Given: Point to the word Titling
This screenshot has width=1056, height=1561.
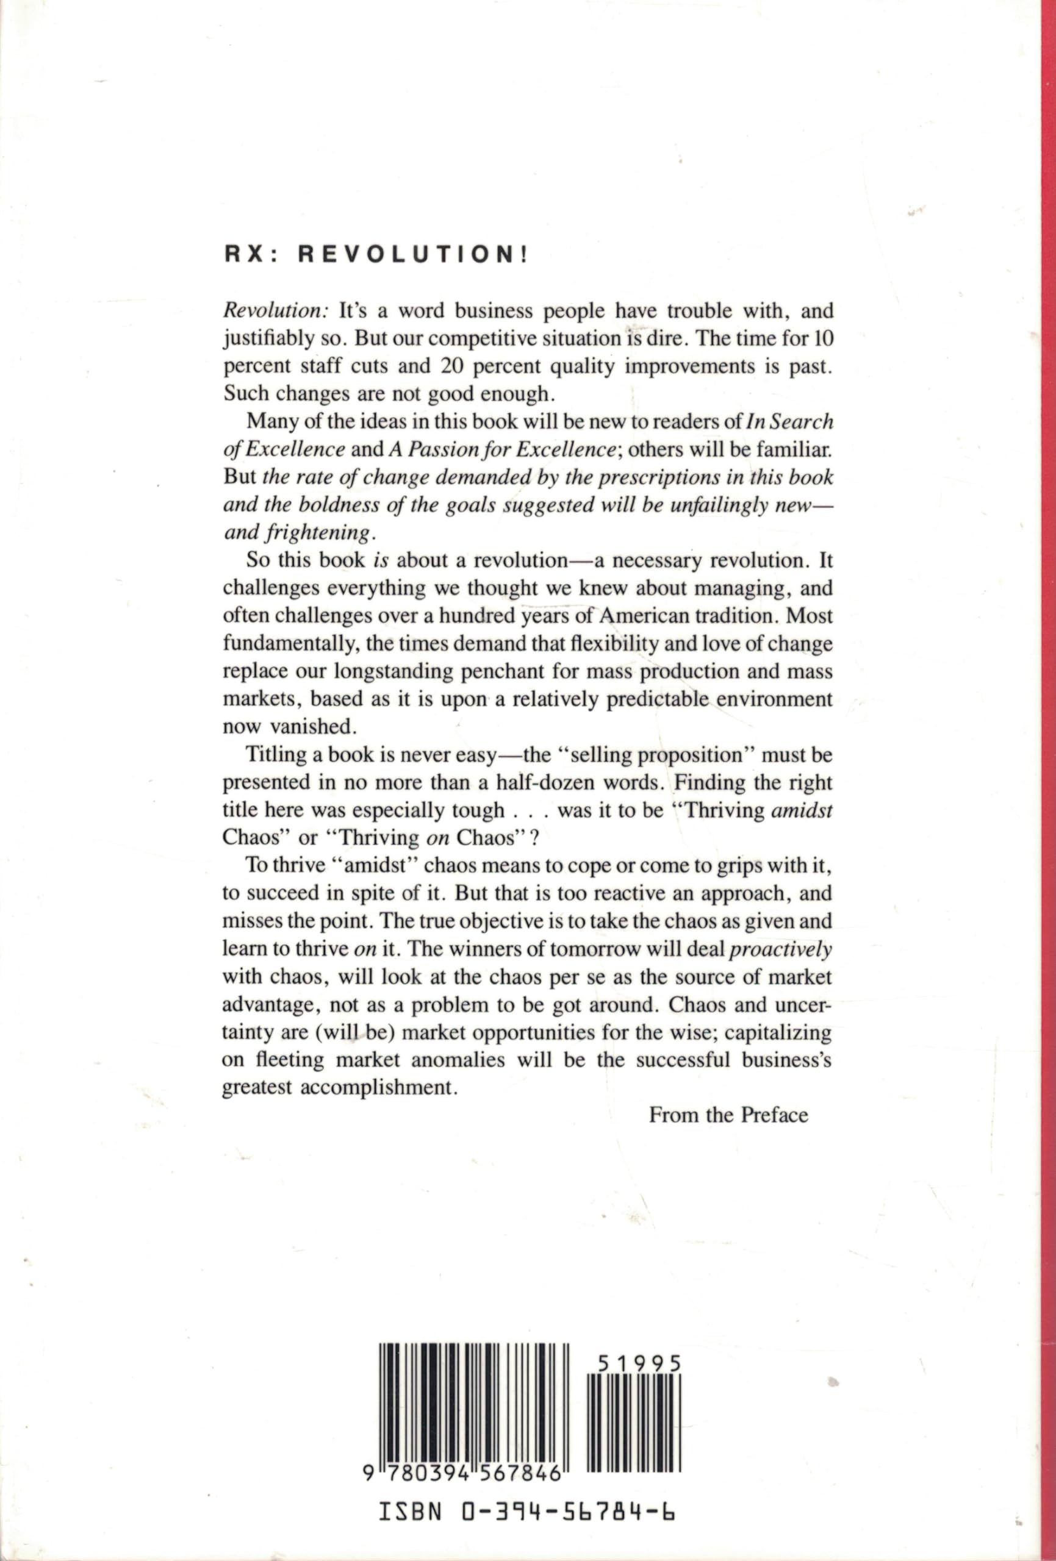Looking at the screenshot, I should (276, 754).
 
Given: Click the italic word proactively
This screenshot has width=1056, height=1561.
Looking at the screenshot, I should (791, 949).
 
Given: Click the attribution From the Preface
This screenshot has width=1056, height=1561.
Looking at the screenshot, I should (728, 1115).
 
